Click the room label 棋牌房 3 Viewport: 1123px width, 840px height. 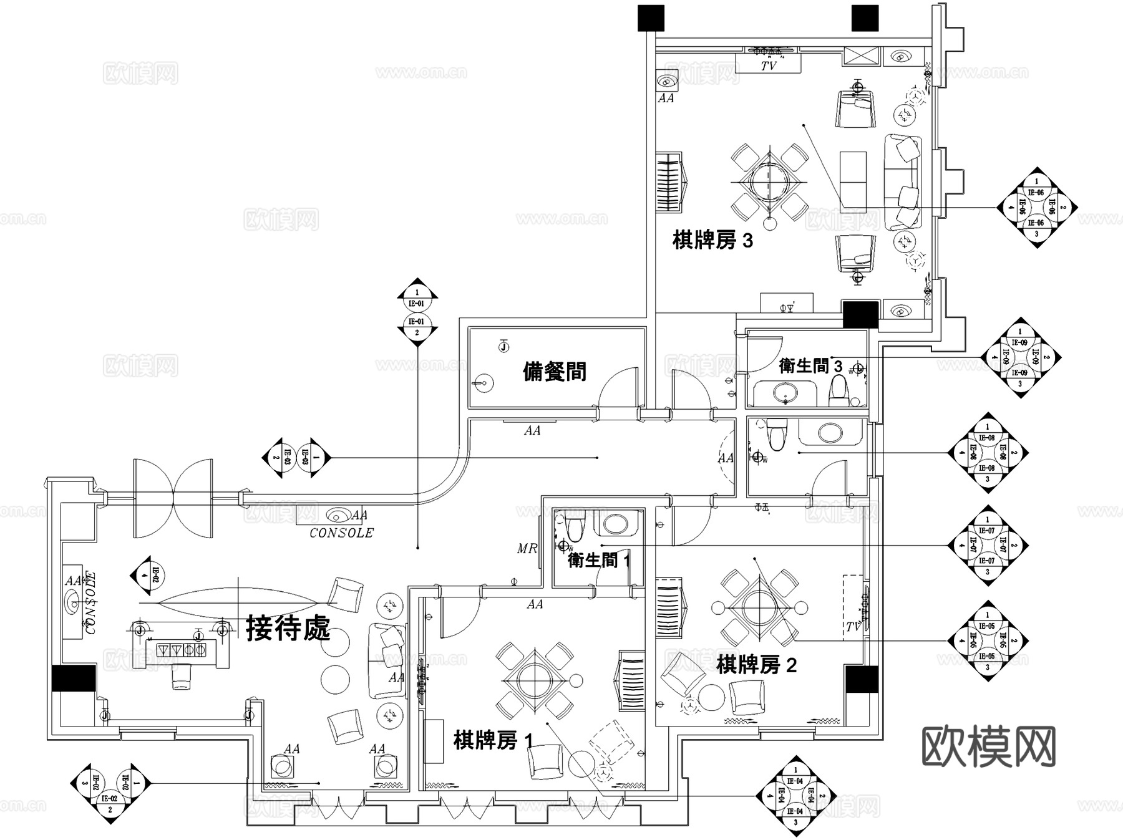pyautogui.click(x=712, y=240)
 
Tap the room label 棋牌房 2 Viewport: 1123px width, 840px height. pyautogui.click(x=756, y=665)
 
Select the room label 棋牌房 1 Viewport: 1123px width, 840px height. pyautogui.click(x=493, y=741)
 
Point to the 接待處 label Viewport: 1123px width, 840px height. pyautogui.click(x=288, y=628)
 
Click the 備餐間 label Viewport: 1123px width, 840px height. pyautogui.click(x=555, y=372)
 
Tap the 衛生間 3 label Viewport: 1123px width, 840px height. pyautogui.click(x=810, y=365)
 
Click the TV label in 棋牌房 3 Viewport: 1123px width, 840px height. pyautogui.click(x=768, y=65)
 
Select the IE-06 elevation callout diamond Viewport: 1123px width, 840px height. pyautogui.click(x=1036, y=208)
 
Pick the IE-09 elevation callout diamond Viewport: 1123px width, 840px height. pyautogui.click(x=1019, y=358)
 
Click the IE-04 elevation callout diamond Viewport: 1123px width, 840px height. pyautogui.click(x=795, y=796)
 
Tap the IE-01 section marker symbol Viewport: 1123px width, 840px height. pyautogui.click(x=417, y=312)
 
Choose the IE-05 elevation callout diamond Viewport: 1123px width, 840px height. pyautogui.click(x=986, y=641)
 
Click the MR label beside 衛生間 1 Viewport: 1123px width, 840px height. pyautogui.click(x=527, y=549)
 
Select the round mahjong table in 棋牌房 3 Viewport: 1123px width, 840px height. pyautogui.click(x=769, y=181)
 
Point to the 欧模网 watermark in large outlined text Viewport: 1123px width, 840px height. pyautogui.click(x=988, y=746)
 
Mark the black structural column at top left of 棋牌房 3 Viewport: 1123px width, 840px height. pyautogui.click(x=650, y=18)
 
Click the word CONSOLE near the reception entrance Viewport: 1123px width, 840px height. pyautogui.click(x=341, y=533)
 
